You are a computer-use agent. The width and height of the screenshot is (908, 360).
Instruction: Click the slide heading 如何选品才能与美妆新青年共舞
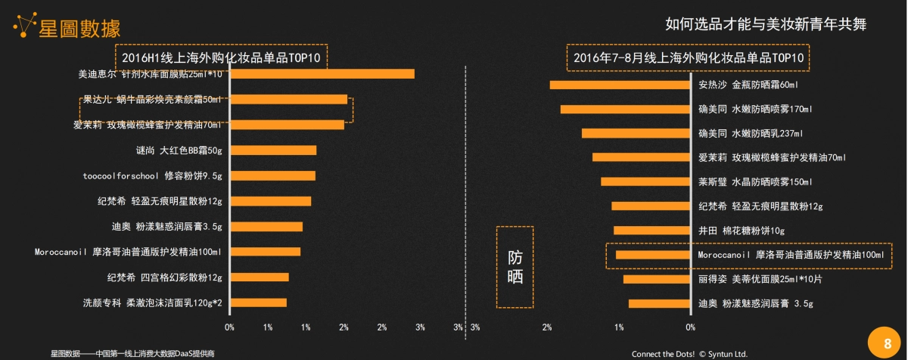click(766, 24)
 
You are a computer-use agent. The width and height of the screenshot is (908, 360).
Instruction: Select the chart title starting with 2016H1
click(222, 57)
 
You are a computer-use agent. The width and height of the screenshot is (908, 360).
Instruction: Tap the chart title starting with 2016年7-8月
click(688, 57)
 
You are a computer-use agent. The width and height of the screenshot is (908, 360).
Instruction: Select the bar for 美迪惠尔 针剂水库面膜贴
click(322, 74)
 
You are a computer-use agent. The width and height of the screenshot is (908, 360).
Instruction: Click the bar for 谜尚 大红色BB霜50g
click(272, 151)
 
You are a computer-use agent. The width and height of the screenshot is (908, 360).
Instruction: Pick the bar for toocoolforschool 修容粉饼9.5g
click(272, 175)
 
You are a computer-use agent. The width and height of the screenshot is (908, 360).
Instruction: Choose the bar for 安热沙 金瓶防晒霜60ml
click(620, 85)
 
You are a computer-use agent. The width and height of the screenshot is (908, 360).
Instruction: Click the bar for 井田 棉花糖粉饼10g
click(651, 230)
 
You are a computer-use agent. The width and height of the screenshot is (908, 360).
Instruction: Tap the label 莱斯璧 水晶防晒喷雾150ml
click(754, 182)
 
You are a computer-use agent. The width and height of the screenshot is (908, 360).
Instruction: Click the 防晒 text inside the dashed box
click(515, 267)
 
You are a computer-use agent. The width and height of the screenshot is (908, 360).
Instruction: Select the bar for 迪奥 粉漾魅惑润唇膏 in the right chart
click(659, 303)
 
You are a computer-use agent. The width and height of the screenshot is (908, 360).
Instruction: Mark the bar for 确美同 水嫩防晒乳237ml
click(636, 133)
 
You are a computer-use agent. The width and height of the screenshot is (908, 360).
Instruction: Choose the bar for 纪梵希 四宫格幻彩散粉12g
click(259, 277)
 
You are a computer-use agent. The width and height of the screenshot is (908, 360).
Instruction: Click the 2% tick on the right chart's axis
click(547, 327)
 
